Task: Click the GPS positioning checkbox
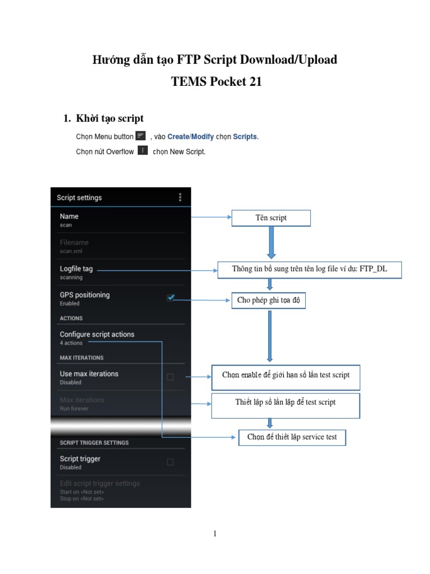tap(171, 298)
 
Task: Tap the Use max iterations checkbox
tap(170, 377)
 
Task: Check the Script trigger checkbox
tap(170, 462)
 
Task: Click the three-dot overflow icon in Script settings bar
tap(180, 197)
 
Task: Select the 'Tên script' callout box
tap(271, 218)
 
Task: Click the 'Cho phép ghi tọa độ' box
tap(269, 300)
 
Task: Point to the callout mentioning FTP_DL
tap(310, 269)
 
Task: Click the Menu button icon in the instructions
tap(141, 136)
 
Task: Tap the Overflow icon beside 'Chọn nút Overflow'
tap(143, 151)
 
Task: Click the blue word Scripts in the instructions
tap(245, 137)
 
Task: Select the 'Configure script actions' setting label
tap(97, 335)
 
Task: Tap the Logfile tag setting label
tap(76, 269)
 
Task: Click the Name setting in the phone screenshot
tap(69, 216)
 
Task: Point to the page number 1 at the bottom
tap(214, 534)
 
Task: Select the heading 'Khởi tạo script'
tap(110, 118)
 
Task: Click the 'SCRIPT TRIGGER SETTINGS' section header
tap(94, 443)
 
